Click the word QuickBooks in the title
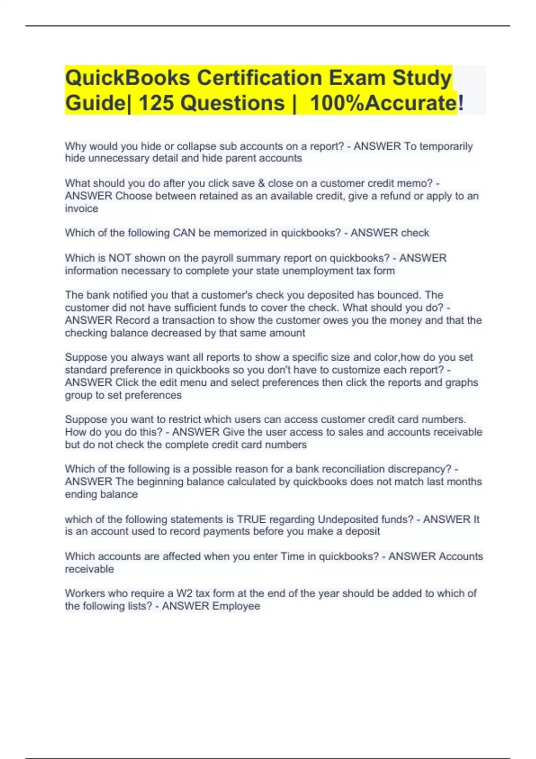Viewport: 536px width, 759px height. click(x=128, y=78)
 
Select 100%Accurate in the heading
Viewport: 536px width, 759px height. click(x=383, y=103)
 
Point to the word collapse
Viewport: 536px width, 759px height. click(x=197, y=146)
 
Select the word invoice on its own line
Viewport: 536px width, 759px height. click(x=81, y=209)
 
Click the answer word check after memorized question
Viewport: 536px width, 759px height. click(x=415, y=233)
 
